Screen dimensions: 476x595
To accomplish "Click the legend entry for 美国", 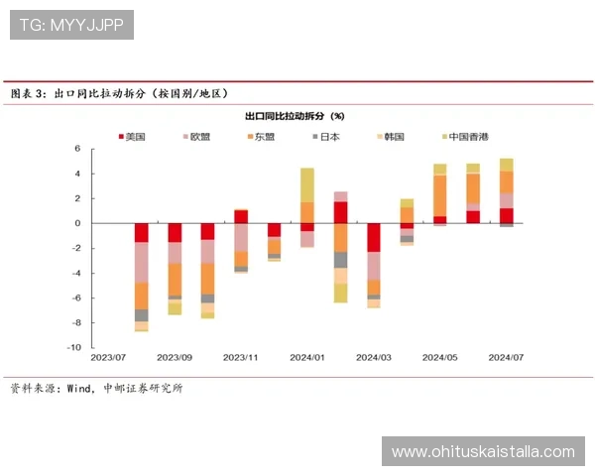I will point(136,136).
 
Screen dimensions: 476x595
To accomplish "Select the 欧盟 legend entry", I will point(199,136).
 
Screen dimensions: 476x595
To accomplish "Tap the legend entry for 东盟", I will point(264,136).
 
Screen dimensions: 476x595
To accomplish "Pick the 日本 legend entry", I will point(328,136).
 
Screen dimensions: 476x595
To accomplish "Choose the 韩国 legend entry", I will point(393,136).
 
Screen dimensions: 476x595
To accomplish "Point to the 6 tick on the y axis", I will point(75,149).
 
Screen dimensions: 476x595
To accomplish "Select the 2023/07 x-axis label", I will point(107,357).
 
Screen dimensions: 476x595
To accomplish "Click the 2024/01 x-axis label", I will point(306,357).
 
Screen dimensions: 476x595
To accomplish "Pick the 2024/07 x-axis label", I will point(506,357).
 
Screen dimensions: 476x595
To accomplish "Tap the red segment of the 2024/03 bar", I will point(374,237).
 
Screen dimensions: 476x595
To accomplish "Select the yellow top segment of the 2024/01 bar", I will point(307,184).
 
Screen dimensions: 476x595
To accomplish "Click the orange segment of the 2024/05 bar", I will point(440,195).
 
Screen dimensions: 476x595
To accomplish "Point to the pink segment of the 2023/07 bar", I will point(142,262).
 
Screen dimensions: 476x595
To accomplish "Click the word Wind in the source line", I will point(80,388).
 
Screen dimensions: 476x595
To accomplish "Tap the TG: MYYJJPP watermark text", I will point(71,24).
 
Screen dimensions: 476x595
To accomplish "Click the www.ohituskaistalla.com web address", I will point(483,452).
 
